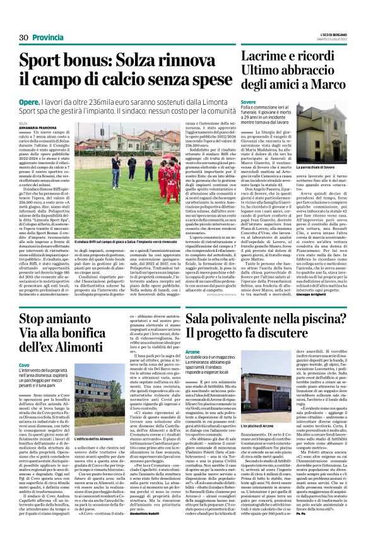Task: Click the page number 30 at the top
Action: (25, 39)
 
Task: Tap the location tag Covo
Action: (24, 365)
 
